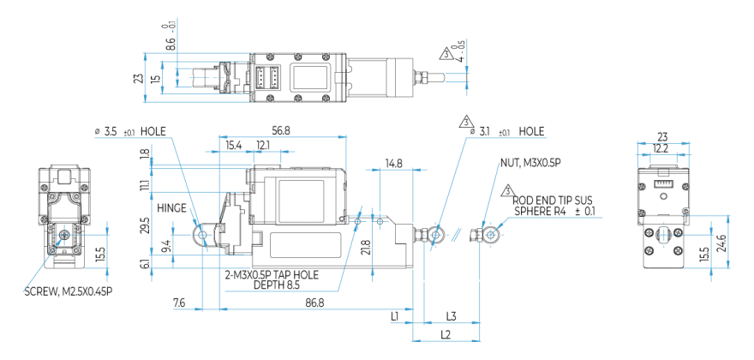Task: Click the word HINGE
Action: click(171, 207)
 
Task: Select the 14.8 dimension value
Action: click(394, 162)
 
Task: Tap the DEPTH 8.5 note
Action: click(274, 285)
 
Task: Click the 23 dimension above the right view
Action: click(661, 135)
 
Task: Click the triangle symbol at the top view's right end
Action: click(447, 53)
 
